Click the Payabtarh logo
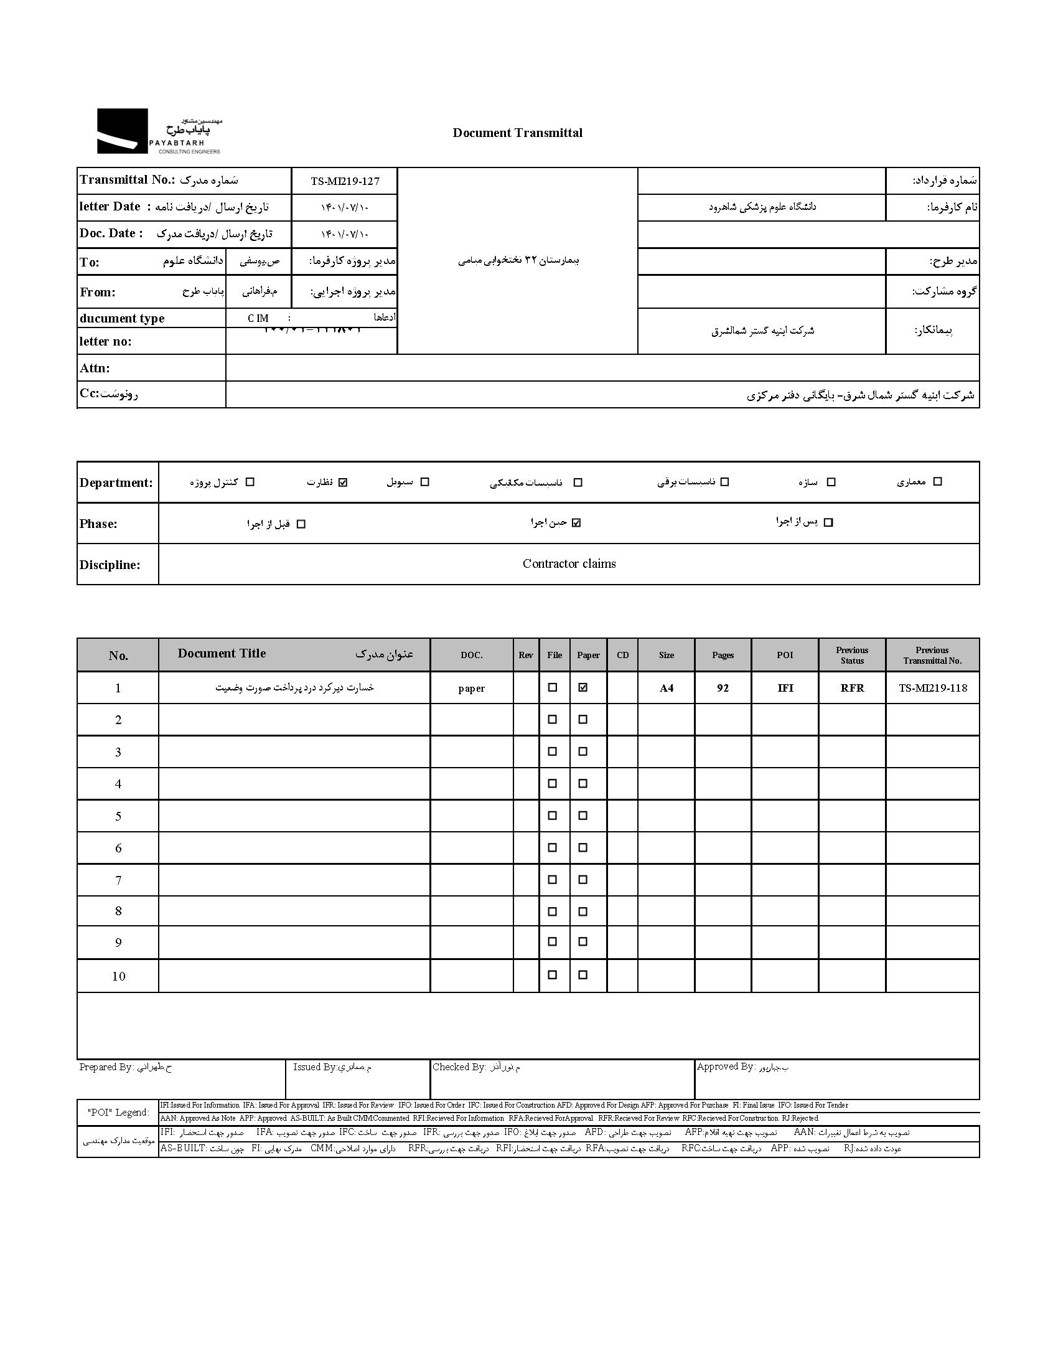[x=159, y=131]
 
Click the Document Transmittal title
[x=517, y=133]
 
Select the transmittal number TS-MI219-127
[x=345, y=181]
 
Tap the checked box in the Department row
[x=343, y=482]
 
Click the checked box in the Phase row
[x=576, y=523]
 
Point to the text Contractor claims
[x=569, y=564]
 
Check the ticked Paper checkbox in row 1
[x=583, y=688]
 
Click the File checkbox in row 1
[x=552, y=688]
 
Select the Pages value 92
[x=723, y=688]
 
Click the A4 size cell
[x=667, y=688]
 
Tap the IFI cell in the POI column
[x=785, y=688]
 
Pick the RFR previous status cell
[x=852, y=688]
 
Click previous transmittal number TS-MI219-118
[x=933, y=688]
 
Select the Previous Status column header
[x=852, y=655]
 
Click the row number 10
[x=118, y=976]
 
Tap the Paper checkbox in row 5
[x=583, y=816]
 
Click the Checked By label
[x=459, y=1067]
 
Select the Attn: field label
[x=95, y=368]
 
